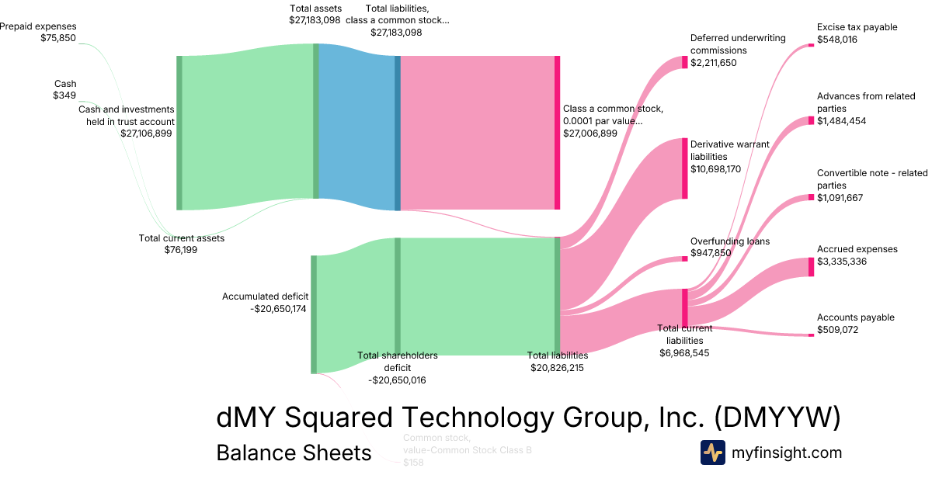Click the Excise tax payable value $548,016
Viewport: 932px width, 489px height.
[x=836, y=40]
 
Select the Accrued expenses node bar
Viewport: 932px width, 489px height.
[x=811, y=267]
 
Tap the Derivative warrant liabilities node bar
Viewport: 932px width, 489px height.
[x=684, y=168]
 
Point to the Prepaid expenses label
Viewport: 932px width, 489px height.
[x=38, y=26]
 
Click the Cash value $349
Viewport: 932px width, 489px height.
[x=64, y=95]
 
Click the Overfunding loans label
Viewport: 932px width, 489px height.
[x=730, y=241]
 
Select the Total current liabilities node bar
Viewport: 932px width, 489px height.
[x=684, y=307]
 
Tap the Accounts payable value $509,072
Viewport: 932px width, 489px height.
[x=841, y=330]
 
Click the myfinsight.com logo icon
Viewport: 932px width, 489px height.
[x=713, y=453]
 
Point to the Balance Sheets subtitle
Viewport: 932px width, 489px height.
[x=294, y=453]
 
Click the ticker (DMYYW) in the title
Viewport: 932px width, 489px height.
[x=777, y=418]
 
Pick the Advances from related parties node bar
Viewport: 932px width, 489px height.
[x=811, y=120]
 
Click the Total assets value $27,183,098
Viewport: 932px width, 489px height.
[x=315, y=20]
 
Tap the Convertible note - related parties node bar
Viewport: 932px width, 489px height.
[x=811, y=198]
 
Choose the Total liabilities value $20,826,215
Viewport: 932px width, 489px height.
[x=557, y=368]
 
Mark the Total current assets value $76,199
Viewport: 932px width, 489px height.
[x=181, y=250]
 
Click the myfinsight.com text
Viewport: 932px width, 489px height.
[x=787, y=453]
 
